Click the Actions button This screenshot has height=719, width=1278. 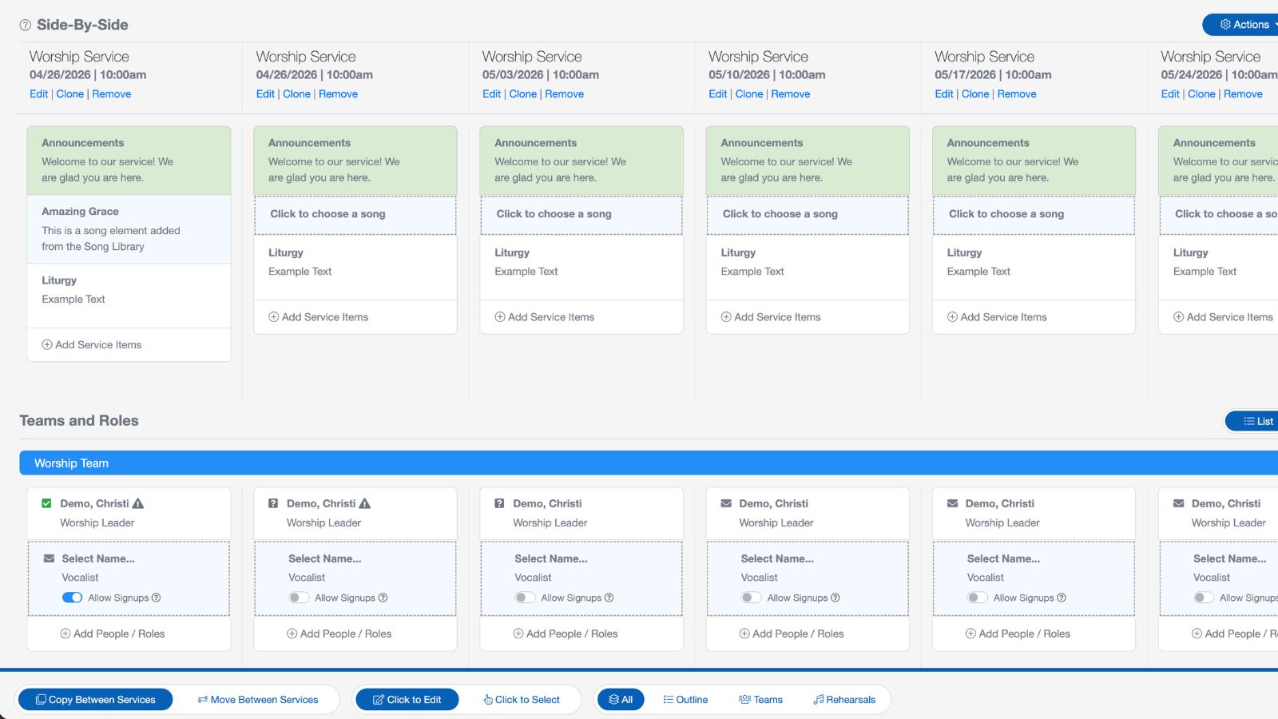click(x=1244, y=25)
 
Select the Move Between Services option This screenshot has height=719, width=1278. click(x=257, y=700)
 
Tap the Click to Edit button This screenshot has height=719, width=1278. click(x=407, y=700)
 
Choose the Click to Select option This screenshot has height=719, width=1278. click(x=522, y=700)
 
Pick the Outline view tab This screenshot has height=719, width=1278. click(x=685, y=700)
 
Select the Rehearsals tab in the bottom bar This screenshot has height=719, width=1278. click(x=844, y=700)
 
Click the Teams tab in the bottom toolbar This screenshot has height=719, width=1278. click(x=760, y=700)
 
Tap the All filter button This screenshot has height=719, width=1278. click(x=621, y=700)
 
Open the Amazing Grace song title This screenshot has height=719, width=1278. click(x=80, y=212)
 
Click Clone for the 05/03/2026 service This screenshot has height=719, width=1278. click(x=522, y=94)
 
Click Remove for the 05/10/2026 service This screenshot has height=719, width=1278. click(x=790, y=94)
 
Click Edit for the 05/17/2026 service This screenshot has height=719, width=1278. click(x=943, y=94)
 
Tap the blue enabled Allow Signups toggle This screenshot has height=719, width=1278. click(x=72, y=598)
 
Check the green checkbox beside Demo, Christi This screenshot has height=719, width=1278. click(x=46, y=503)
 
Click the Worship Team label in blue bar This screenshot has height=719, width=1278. click(x=71, y=463)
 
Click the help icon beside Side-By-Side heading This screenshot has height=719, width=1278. click(x=26, y=26)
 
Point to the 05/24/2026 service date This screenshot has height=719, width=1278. click(x=1191, y=75)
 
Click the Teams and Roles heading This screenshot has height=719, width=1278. click(x=79, y=421)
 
